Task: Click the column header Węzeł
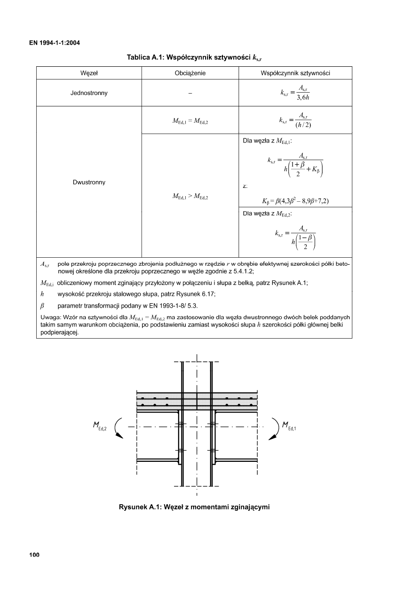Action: [x=89, y=73]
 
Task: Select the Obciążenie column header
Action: [x=190, y=73]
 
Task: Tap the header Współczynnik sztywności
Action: [x=295, y=73]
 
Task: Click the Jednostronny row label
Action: [x=89, y=93]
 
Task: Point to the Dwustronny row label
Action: [x=89, y=182]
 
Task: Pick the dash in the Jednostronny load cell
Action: [x=190, y=93]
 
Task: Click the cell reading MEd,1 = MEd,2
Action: [x=190, y=121]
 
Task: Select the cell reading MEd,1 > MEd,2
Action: [x=190, y=197]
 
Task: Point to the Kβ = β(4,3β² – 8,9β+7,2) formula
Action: [x=295, y=201]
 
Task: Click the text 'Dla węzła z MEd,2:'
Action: [x=267, y=214]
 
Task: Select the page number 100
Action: [x=34, y=555]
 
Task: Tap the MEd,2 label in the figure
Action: [x=99, y=427]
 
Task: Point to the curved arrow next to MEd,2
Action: [x=118, y=428]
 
